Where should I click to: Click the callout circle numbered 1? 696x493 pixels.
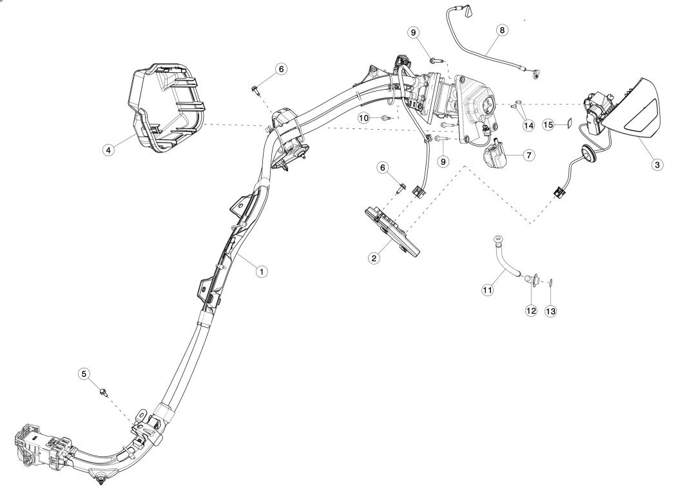coord(261,272)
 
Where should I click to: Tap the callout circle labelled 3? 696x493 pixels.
coord(657,165)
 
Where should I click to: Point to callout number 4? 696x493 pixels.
coord(108,150)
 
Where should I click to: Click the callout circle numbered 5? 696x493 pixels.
coord(84,374)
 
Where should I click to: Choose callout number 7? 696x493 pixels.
coord(528,156)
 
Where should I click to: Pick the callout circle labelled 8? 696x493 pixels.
coord(502,30)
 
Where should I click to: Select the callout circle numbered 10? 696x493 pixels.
coord(364,118)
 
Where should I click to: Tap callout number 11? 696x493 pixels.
coord(488,290)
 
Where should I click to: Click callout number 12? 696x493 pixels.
coord(531,310)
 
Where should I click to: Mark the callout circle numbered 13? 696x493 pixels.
coord(550,310)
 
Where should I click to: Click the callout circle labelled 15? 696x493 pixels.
coord(548,125)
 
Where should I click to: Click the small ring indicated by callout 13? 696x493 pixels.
coord(551,282)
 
